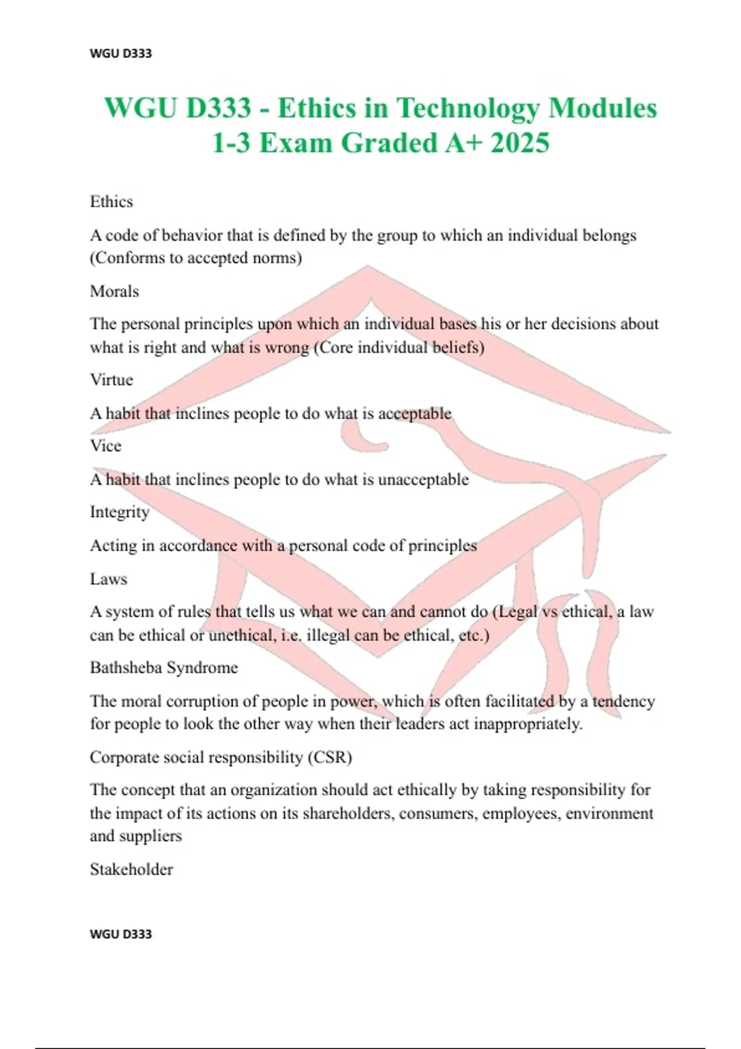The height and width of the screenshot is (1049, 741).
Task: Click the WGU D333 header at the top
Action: click(120, 53)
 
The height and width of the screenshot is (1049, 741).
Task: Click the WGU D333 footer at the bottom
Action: click(120, 934)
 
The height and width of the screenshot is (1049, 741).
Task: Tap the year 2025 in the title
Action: click(520, 143)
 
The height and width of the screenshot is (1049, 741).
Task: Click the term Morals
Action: click(114, 291)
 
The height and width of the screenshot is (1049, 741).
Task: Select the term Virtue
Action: click(111, 379)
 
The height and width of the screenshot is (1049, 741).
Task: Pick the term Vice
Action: click(106, 446)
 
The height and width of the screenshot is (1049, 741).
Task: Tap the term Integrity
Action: click(120, 512)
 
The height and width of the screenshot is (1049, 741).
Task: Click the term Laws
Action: click(109, 579)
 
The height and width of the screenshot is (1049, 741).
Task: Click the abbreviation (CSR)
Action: click(330, 757)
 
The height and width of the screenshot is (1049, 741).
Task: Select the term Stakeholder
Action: click(132, 869)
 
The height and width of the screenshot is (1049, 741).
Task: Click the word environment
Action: click(609, 813)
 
